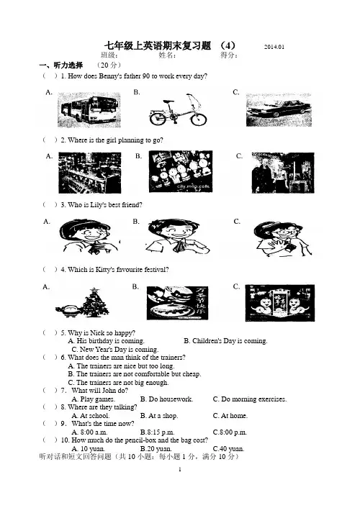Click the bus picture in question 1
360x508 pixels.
tap(89, 110)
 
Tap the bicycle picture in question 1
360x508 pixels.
tap(178, 110)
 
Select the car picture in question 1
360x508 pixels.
tap(279, 110)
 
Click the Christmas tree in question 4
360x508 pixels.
tap(95, 303)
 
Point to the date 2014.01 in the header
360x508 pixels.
tap(274, 47)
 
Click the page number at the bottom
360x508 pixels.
tap(180, 469)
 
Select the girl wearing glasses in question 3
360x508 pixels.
tap(282, 239)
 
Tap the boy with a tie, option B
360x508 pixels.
tap(177, 237)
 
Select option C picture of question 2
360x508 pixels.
tap(283, 173)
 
